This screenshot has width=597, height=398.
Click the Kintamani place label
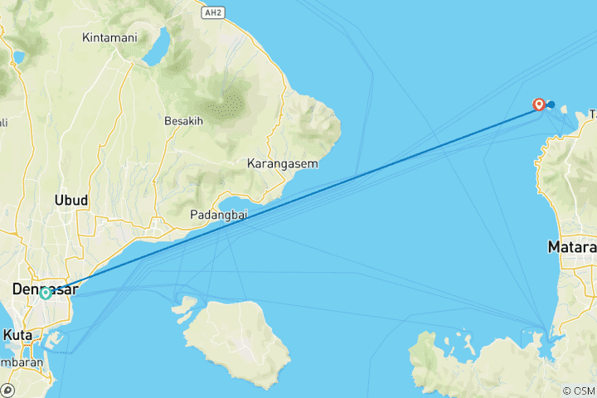click(110, 37)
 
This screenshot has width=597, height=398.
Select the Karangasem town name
click(282, 164)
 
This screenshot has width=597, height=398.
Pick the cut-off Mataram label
click(573, 247)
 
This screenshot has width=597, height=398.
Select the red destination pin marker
click(539, 104)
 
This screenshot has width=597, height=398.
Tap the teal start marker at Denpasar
click(46, 293)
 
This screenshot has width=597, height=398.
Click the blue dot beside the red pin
click(551, 104)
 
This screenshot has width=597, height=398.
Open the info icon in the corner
click(8, 390)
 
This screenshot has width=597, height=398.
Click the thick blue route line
click(298, 197)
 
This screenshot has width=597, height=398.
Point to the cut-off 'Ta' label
click(592, 114)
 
